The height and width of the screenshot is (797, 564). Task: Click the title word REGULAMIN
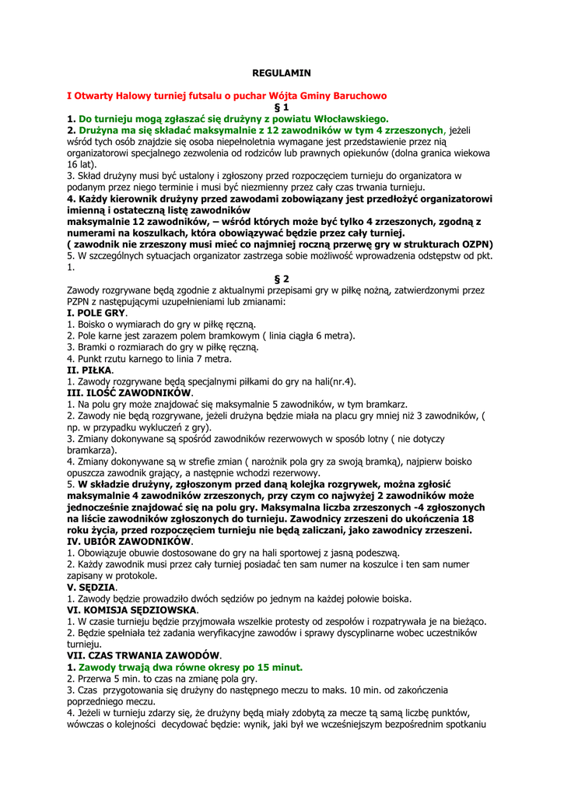(282, 72)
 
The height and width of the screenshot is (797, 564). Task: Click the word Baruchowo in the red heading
(354, 96)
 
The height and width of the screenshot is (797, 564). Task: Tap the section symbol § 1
(282, 107)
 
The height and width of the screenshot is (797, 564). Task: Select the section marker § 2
(282, 279)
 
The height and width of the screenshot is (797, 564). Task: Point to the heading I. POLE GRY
(96, 313)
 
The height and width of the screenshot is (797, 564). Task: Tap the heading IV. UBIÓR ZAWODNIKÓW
(129, 542)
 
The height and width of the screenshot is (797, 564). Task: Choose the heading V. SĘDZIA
(92, 587)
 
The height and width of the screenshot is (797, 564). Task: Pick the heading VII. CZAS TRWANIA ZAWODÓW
(144, 656)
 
